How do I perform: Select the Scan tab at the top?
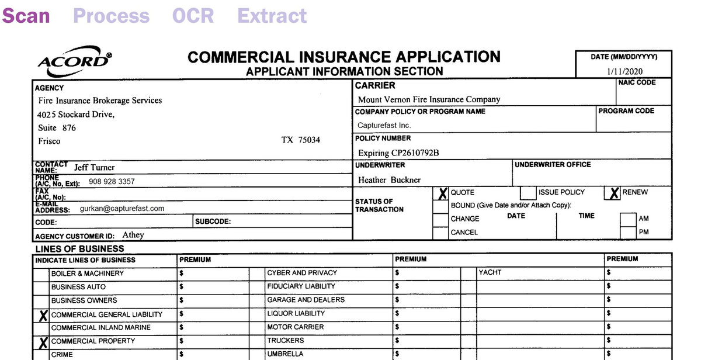click(26, 16)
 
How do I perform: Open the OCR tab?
click(193, 16)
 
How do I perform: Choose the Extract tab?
click(272, 16)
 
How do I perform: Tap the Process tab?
click(111, 16)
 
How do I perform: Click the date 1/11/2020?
click(624, 71)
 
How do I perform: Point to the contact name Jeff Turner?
click(94, 167)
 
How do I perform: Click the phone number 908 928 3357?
click(112, 181)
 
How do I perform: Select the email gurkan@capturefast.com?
click(122, 208)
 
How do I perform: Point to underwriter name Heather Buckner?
click(389, 180)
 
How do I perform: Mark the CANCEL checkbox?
click(440, 233)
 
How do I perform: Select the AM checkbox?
click(627, 219)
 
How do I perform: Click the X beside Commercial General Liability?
click(42, 316)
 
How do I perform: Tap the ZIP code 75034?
click(309, 140)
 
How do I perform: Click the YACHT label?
click(490, 272)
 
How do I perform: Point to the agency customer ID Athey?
click(133, 235)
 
